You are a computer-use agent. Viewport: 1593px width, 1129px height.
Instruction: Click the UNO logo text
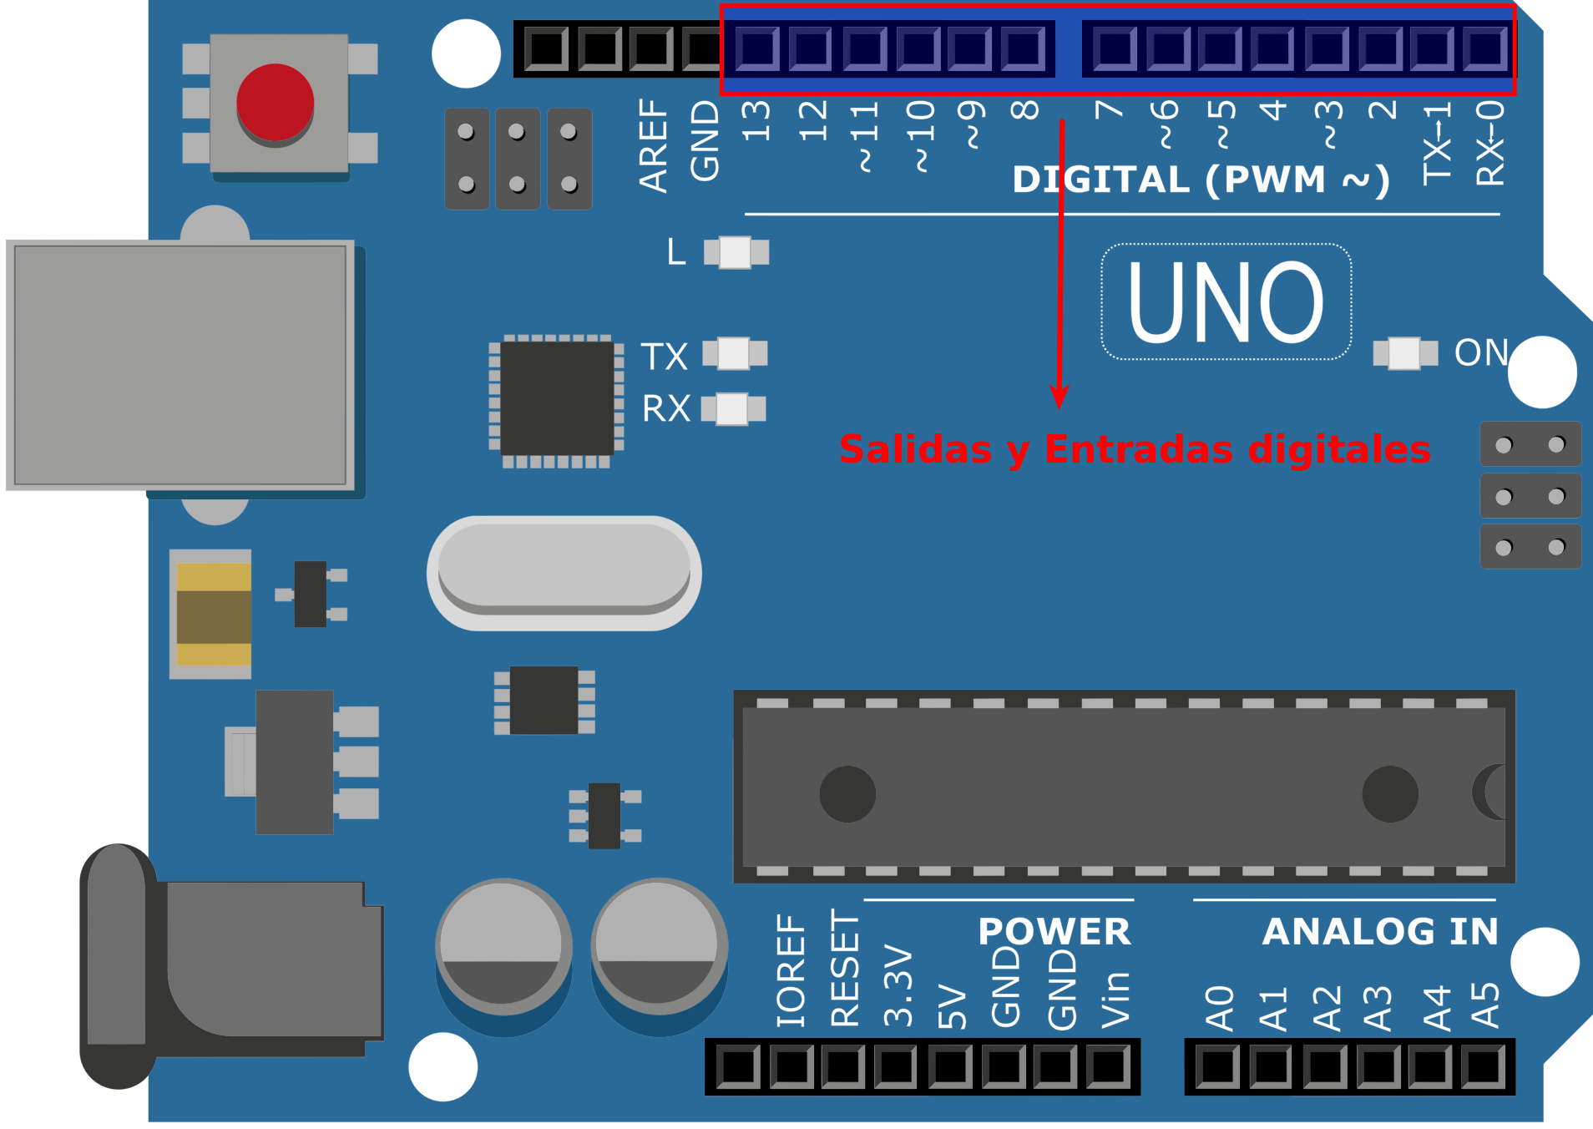(x=1226, y=301)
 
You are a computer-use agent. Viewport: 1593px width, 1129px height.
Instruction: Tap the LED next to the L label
(x=736, y=252)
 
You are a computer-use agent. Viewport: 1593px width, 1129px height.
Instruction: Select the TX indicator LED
(x=735, y=353)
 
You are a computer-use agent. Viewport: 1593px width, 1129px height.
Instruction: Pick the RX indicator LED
(x=733, y=409)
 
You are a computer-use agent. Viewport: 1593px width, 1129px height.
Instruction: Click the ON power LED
(x=1405, y=353)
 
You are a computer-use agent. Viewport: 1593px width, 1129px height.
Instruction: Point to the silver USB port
(x=180, y=365)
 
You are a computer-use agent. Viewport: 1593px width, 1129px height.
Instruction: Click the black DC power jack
(x=231, y=967)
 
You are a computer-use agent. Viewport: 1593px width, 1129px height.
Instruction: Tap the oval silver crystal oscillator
(x=564, y=573)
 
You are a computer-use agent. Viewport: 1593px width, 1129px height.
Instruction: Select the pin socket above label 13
(x=757, y=48)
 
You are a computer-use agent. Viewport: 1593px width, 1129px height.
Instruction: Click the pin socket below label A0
(x=1218, y=1067)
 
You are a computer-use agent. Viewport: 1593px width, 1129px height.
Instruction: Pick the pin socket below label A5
(x=1484, y=1067)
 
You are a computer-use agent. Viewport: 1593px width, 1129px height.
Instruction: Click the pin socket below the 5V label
(x=950, y=1067)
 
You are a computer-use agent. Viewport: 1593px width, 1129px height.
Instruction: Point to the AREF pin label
(x=653, y=145)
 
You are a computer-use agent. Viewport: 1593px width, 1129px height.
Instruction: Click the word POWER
(x=1054, y=931)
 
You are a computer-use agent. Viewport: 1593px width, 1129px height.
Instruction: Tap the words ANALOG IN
(x=1380, y=931)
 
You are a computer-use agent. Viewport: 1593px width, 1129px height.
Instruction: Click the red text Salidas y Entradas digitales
(x=1135, y=449)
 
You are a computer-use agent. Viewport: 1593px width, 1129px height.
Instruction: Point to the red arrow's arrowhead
(x=1059, y=397)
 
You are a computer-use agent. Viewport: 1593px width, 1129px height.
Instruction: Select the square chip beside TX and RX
(x=557, y=398)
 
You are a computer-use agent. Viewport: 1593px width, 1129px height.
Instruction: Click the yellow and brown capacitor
(x=214, y=614)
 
